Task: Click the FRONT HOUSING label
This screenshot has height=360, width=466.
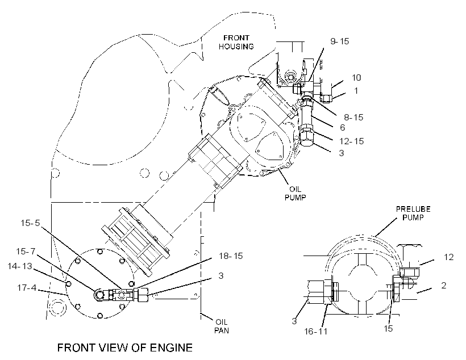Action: coord(236,42)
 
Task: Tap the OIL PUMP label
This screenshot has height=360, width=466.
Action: coord(295,193)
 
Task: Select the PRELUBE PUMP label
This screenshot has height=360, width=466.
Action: coord(413,214)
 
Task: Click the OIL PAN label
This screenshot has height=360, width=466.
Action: coord(222,326)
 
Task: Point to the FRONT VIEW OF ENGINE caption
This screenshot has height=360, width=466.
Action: coord(125,348)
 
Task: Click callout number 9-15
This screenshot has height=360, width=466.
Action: coord(340,41)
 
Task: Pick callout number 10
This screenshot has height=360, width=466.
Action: coord(356,78)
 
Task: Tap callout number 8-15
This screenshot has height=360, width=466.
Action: coord(353,118)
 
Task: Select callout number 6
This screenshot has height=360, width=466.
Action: coord(342,127)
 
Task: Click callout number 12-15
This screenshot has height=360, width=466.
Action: coord(352,141)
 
